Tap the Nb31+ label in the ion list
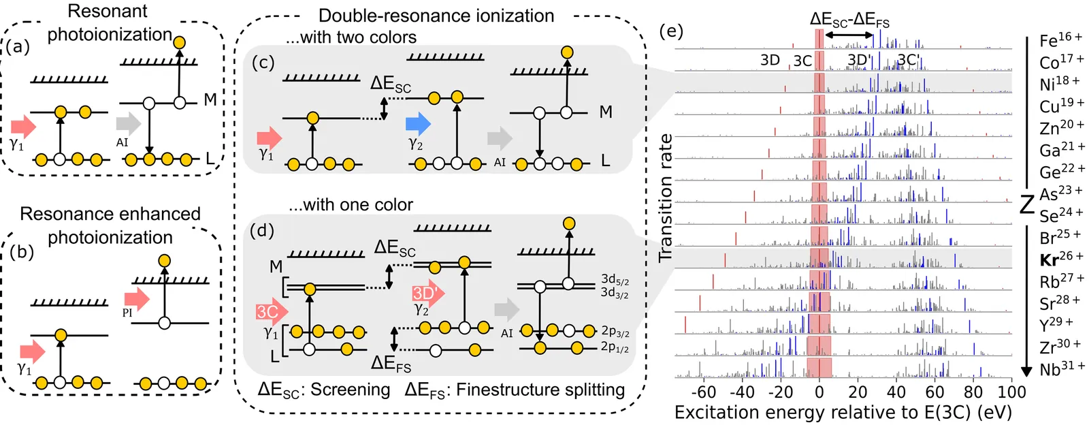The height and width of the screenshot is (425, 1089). [x=1062, y=369]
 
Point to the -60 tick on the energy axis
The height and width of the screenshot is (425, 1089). [x=704, y=392]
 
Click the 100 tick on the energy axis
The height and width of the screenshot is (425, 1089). [x=1011, y=392]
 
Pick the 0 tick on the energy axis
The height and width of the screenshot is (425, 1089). [x=819, y=392]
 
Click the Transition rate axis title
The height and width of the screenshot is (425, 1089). [x=665, y=198]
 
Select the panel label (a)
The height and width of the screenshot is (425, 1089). [x=18, y=46]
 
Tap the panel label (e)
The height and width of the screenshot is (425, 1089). [x=671, y=31]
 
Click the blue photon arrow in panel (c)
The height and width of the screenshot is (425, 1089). [x=418, y=124]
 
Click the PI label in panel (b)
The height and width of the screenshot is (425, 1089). [x=127, y=313]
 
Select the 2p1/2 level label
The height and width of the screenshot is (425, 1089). [x=615, y=347]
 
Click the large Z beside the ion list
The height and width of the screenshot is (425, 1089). [x=1027, y=203]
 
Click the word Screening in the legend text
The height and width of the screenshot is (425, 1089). [x=351, y=390]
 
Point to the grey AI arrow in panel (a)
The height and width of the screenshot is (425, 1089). [x=128, y=123]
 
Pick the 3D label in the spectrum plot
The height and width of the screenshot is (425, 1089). [x=770, y=60]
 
